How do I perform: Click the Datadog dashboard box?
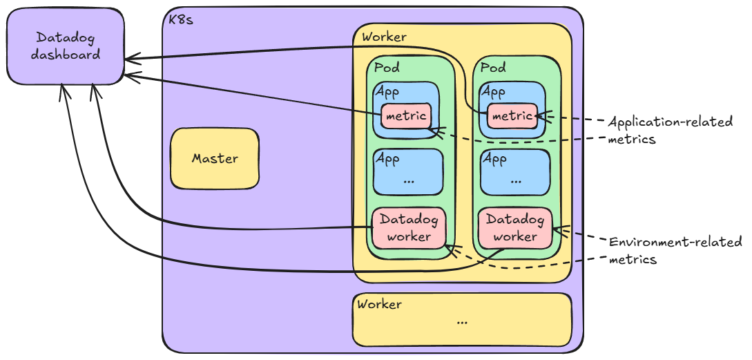(x=66, y=46)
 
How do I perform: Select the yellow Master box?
(x=215, y=158)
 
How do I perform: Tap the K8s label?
(x=181, y=19)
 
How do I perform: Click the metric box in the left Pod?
(x=406, y=116)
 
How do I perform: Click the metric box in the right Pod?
(x=512, y=116)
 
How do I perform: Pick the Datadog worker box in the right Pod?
(x=515, y=228)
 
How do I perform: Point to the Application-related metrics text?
(x=669, y=130)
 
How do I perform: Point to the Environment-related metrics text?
(x=674, y=250)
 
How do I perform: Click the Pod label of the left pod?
(x=387, y=68)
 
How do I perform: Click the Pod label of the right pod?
(x=493, y=68)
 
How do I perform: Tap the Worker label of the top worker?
(x=384, y=37)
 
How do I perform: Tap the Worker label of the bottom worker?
(x=379, y=303)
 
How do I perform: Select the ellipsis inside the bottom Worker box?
(x=462, y=321)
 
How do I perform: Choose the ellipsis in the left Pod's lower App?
(x=408, y=180)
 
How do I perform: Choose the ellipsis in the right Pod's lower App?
(x=515, y=180)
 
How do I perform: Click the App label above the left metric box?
(x=387, y=92)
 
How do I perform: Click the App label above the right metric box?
(x=493, y=92)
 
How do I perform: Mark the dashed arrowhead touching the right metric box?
(x=542, y=116)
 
